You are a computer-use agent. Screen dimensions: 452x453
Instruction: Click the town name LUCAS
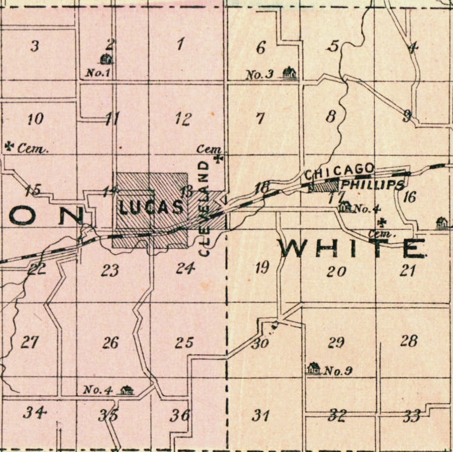(x=151, y=208)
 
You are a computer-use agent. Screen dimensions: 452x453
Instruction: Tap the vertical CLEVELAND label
(x=205, y=208)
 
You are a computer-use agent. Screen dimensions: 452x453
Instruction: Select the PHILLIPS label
(x=373, y=185)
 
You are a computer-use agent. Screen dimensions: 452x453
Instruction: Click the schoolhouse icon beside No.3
(x=289, y=73)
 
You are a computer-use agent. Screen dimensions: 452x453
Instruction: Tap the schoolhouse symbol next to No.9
(x=313, y=369)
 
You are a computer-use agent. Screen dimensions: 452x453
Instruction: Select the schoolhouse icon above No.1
(x=107, y=59)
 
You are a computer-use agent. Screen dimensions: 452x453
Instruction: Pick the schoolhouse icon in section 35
(x=127, y=390)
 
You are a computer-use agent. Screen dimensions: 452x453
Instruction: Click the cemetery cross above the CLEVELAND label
(x=219, y=157)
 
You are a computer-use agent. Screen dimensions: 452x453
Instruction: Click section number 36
(x=180, y=416)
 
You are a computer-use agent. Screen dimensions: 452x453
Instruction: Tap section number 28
(x=408, y=342)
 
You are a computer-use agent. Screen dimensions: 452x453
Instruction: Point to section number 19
(x=262, y=267)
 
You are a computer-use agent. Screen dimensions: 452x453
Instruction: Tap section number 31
(x=262, y=416)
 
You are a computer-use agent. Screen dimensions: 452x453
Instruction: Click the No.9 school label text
(x=338, y=372)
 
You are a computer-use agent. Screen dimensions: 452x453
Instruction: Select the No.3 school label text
(x=260, y=75)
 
